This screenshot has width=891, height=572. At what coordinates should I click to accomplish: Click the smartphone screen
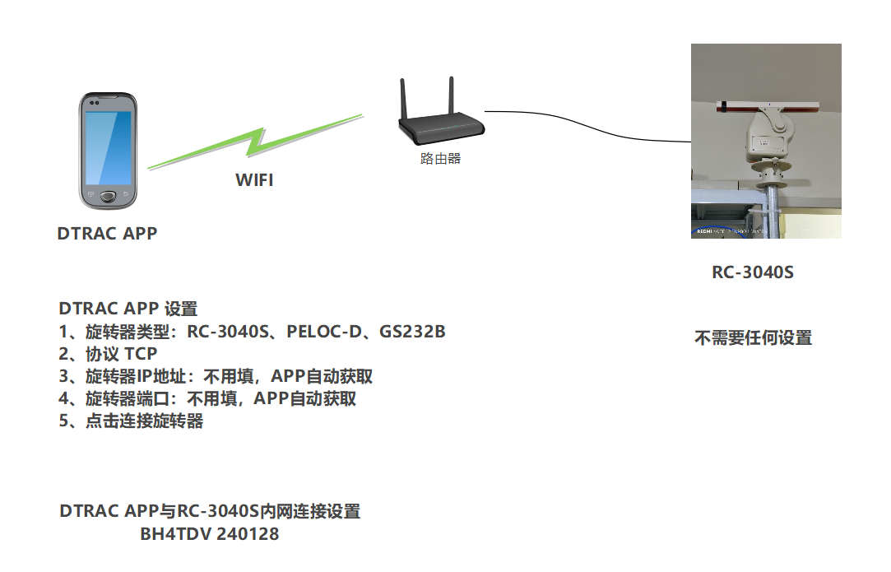(x=109, y=147)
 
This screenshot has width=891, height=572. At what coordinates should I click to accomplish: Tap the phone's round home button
(x=109, y=198)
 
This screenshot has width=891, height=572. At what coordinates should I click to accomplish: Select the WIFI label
(x=254, y=180)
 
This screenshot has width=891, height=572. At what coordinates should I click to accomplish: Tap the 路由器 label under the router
(x=440, y=159)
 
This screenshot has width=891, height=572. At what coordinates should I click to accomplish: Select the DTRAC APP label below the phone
(x=107, y=233)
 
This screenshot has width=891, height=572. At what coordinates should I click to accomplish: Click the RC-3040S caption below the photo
(x=753, y=272)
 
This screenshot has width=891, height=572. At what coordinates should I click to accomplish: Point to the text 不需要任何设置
(x=753, y=337)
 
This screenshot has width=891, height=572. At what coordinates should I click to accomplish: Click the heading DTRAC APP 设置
(x=128, y=309)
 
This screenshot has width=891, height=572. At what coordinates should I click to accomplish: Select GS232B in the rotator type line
(x=412, y=333)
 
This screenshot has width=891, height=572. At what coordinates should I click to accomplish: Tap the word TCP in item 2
(x=141, y=355)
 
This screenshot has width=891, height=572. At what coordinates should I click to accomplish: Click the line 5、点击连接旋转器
(x=132, y=421)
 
